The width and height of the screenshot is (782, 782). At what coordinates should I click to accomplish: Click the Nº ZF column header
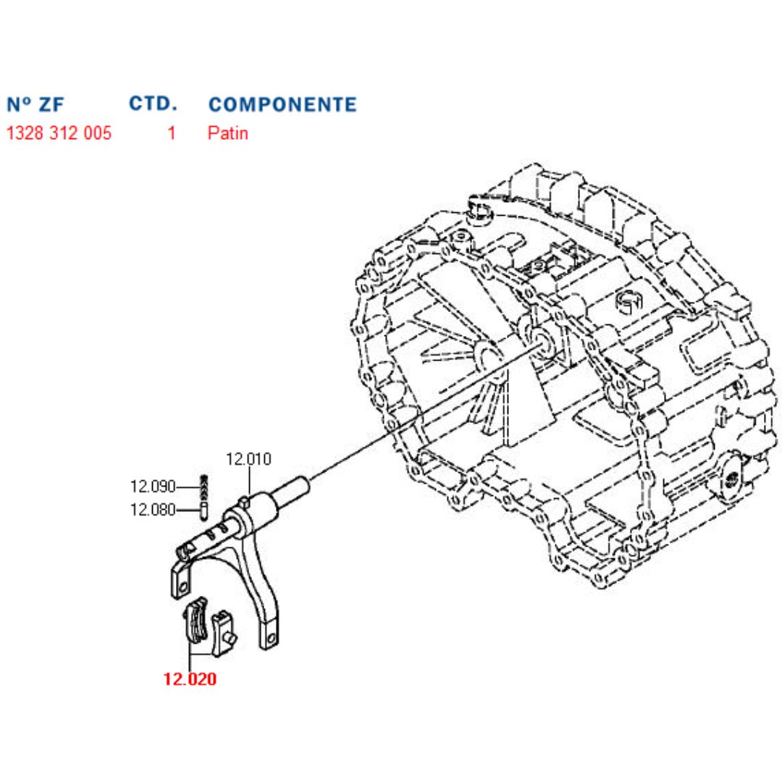[x=35, y=104]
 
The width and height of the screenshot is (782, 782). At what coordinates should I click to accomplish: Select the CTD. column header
[x=153, y=104]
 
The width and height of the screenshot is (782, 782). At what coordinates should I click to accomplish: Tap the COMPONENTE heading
[x=282, y=104]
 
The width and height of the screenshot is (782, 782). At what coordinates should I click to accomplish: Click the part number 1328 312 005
[x=59, y=133]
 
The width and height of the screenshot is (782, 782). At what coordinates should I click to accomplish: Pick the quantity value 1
[x=172, y=133]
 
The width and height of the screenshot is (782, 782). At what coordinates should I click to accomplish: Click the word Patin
[x=227, y=133]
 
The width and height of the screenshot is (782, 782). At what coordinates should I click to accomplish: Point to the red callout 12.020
[x=190, y=679]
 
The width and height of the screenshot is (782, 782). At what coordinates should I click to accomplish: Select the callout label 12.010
[x=248, y=458]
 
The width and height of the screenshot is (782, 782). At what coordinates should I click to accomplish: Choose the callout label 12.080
[x=152, y=510]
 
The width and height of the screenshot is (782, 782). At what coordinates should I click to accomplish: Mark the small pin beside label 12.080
[x=204, y=510]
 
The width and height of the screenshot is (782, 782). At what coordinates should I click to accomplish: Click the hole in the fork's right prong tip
[x=271, y=639]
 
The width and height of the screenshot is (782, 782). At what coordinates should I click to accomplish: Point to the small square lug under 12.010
[x=247, y=500]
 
